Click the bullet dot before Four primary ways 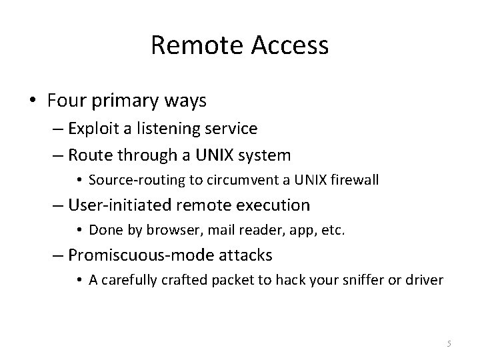coord(35,101)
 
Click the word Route coord(90,156)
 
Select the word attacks coord(248,255)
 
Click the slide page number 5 coord(449,343)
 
